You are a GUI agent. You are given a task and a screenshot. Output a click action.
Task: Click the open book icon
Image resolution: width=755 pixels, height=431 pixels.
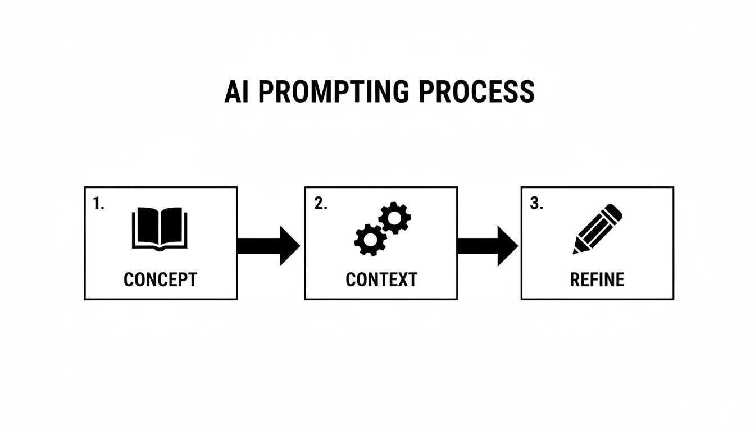[160, 228]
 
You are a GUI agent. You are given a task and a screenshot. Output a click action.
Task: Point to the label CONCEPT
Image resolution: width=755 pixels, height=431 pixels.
[160, 279]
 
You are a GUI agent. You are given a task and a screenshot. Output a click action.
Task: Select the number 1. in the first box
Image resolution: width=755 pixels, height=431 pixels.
[98, 204]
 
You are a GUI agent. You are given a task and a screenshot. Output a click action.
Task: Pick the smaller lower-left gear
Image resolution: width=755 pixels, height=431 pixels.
[370, 240]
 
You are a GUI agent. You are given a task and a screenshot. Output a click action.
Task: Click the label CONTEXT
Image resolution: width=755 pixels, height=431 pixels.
[381, 279]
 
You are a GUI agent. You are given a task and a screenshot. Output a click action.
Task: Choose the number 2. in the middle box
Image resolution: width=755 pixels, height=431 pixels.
[320, 204]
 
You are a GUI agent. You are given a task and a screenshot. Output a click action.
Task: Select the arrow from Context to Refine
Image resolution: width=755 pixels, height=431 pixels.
[486, 246]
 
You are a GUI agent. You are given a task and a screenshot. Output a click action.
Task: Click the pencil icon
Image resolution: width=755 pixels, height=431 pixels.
[597, 230]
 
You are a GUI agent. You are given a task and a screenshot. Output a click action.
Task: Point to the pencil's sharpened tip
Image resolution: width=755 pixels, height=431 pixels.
[576, 250]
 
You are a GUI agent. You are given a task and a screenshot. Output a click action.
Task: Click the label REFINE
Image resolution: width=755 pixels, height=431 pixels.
[597, 279]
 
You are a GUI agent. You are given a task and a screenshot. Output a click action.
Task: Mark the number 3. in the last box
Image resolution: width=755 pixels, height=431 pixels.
[536, 204]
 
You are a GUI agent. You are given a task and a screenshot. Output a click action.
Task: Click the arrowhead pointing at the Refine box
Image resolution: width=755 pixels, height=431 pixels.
[507, 246]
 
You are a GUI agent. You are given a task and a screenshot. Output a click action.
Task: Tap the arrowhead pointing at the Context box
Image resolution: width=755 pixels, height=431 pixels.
[289, 246]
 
